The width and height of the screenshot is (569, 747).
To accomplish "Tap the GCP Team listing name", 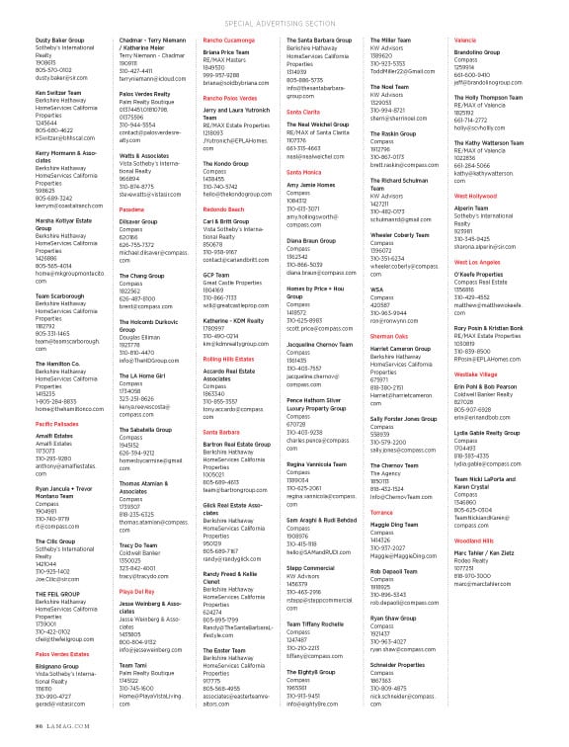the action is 216,276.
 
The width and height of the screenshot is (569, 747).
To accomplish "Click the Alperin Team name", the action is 471,209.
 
